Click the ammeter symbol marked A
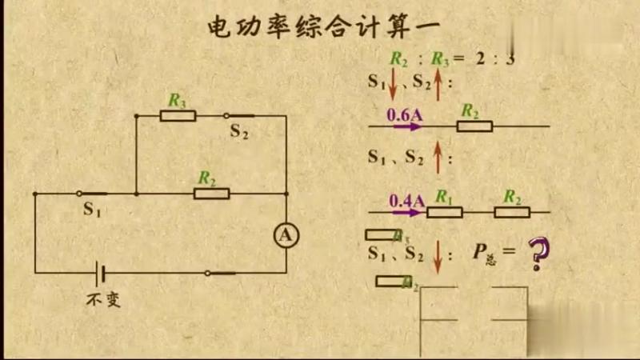coord(286,234)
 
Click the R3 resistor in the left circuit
coord(178,116)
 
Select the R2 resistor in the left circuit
coord(211,194)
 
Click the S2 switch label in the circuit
coord(239,132)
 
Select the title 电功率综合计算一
coord(323,27)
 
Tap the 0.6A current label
coord(405,114)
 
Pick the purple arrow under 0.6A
coord(407,126)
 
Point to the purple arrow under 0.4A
coord(407,212)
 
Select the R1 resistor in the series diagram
coord(445,212)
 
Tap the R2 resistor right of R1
coord(511,212)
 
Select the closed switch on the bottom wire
coord(222,273)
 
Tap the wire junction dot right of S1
coord(137,194)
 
